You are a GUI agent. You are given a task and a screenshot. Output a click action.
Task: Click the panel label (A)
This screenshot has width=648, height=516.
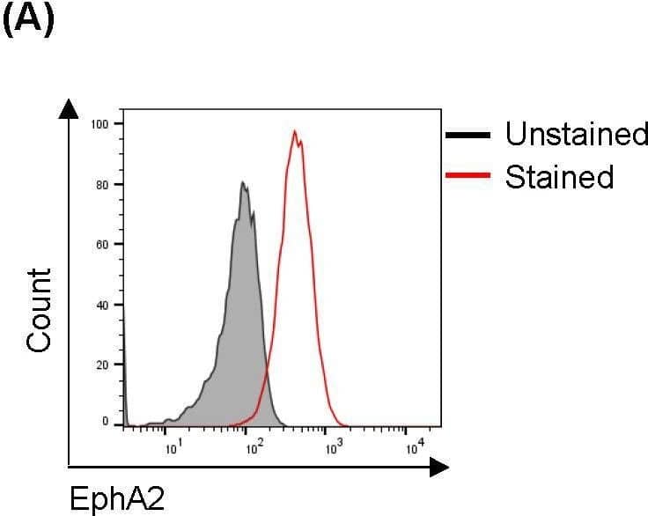[29, 19]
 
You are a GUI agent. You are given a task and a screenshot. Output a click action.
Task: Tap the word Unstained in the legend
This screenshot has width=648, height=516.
[577, 135]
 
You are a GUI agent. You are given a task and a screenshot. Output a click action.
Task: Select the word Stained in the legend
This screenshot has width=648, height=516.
[559, 177]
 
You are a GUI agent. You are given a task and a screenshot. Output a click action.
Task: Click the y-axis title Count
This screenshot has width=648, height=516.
[40, 311]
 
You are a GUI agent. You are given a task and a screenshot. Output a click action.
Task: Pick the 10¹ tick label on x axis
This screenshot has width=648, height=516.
[173, 450]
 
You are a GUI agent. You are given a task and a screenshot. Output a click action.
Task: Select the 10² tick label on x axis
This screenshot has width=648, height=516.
[254, 450]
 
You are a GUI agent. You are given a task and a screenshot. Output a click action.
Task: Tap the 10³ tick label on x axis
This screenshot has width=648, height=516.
[333, 450]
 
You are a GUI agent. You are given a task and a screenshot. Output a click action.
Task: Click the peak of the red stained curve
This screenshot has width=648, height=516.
[295, 131]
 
